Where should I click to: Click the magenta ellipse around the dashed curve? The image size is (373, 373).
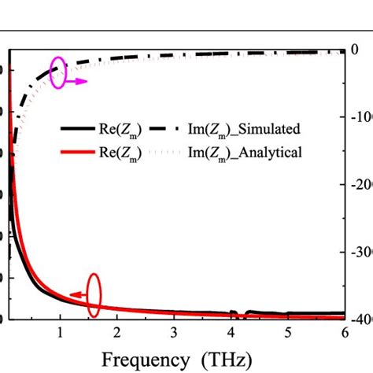click(60, 71)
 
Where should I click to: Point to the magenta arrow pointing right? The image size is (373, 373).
click(76, 80)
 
